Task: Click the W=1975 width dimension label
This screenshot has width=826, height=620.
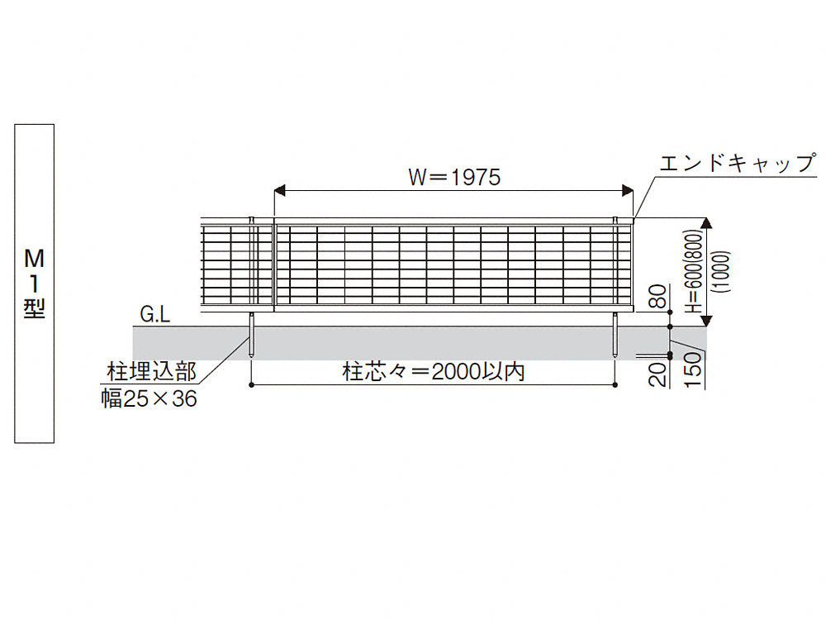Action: [x=454, y=177]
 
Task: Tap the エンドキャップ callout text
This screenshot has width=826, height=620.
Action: [x=738, y=163]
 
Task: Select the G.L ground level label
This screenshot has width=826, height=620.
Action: [x=155, y=315]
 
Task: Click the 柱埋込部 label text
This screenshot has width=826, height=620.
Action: [x=152, y=372]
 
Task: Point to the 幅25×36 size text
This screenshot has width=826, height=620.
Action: [x=149, y=398]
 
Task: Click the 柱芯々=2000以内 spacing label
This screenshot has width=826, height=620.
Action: [x=434, y=372]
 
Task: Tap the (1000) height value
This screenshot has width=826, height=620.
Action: [x=720, y=271]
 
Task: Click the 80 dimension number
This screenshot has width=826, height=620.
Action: [x=658, y=296]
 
